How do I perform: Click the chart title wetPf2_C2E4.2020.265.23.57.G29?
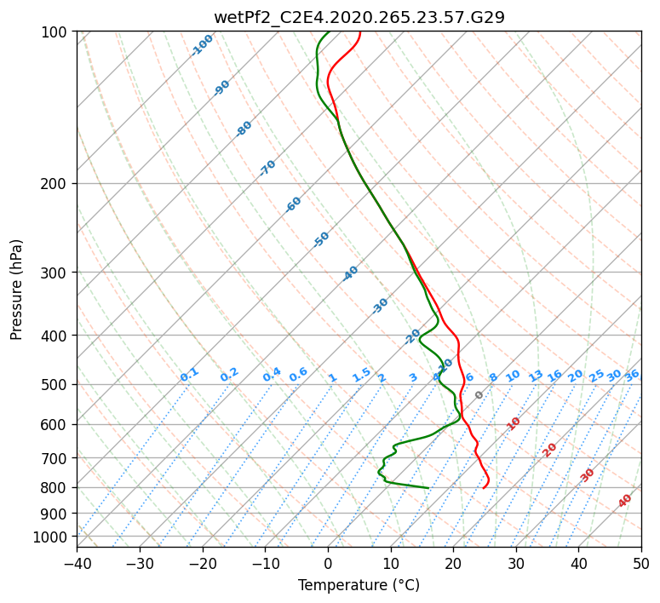359,16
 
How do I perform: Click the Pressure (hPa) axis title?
17,289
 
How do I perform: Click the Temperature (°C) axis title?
359,585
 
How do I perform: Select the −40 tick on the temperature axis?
77,563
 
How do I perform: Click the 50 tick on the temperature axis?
641,563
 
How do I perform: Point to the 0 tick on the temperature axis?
328,563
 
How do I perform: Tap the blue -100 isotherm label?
203,44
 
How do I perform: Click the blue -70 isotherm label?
267,168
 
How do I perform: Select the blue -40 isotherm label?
350,273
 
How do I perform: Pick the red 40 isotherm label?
625,501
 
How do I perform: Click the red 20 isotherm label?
550,449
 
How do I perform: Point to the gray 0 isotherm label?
479,395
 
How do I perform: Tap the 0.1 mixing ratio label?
189,374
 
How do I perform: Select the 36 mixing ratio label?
632,375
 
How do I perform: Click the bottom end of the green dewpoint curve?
428,488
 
